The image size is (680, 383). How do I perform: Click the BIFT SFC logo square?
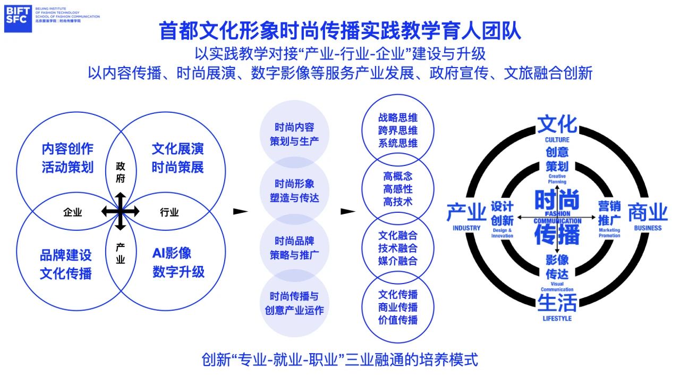coord(18,19)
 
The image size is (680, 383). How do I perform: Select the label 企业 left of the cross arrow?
coord(73,212)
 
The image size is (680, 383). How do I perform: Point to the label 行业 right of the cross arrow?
coord(169,212)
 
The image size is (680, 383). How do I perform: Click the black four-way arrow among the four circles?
coord(121,211)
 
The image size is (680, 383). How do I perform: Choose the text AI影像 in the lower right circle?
coord(172,253)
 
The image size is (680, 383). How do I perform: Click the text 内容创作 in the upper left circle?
coord(67,148)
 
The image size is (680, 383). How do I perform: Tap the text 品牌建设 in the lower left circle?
coord(66,255)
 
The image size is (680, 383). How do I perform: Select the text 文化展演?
coord(177,148)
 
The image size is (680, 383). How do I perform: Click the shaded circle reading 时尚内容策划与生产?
coord(294,134)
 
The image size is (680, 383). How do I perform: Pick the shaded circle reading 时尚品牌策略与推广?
coord(294,248)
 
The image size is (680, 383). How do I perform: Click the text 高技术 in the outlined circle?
coord(398,202)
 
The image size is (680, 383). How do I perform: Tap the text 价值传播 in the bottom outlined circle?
coord(398,320)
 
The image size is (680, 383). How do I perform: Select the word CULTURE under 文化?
coord(557,140)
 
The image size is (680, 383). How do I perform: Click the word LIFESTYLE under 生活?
coord(557,318)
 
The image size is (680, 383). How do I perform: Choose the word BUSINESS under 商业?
coord(647,228)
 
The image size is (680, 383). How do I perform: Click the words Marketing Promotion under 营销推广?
coord(609,233)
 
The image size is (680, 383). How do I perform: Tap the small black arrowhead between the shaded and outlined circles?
coord(347,211)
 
